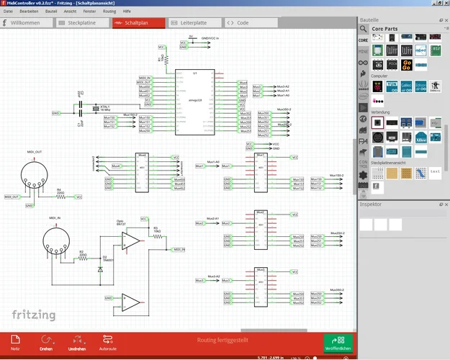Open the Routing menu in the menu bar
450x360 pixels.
tap(109, 12)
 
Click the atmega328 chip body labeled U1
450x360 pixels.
tap(194, 102)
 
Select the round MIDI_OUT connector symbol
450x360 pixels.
tap(30, 174)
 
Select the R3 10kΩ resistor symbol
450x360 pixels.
tap(156, 236)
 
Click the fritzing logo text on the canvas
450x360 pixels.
tap(35, 315)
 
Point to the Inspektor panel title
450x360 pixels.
tap(372, 204)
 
